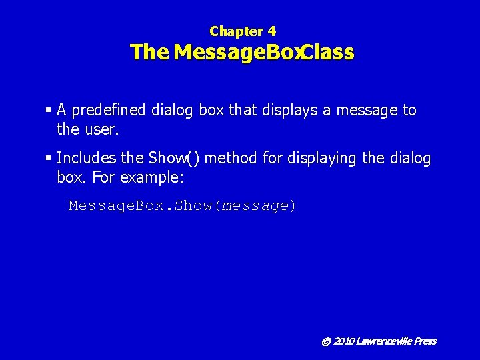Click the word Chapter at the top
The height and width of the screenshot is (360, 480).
click(x=236, y=31)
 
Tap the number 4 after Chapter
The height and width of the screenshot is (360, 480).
click(x=271, y=31)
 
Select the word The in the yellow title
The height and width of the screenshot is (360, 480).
click(x=150, y=52)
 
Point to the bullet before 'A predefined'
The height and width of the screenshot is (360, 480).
click(x=49, y=110)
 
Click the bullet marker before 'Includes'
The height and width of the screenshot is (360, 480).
click(x=49, y=159)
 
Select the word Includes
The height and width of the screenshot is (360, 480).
click(x=87, y=159)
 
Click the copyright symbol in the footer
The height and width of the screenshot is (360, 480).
click(x=326, y=341)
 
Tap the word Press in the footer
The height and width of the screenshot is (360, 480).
click(x=425, y=341)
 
